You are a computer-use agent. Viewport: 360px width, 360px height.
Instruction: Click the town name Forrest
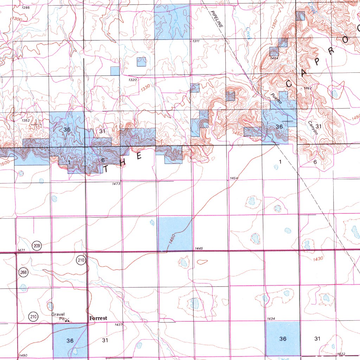coord(98,318)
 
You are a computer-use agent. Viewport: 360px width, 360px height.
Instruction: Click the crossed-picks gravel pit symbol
coord(67,321)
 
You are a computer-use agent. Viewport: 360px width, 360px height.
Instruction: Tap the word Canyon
coord(313,128)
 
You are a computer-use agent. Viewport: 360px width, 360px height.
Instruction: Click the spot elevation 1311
coord(196,41)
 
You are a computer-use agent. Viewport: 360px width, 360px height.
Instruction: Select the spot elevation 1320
coord(133,80)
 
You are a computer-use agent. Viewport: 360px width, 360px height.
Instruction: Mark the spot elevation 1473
coord(117,184)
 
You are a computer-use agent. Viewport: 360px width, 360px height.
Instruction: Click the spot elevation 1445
coord(199,249)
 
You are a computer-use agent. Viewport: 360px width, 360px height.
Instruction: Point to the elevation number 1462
coord(308,88)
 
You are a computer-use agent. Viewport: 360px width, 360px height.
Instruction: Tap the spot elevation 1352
coord(25,120)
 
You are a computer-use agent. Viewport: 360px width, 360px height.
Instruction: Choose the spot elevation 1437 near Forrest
coord(119,324)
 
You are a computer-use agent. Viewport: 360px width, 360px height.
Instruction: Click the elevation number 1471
coord(21,250)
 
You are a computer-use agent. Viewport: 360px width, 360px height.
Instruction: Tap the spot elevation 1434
coord(271,319)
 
